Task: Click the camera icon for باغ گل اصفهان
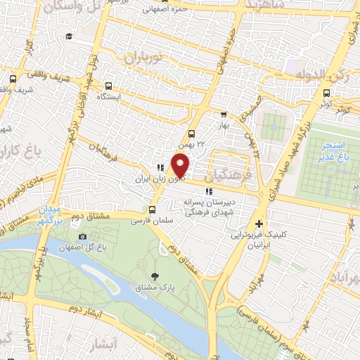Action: coord(82,237)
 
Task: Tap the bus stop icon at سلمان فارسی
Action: coord(153,210)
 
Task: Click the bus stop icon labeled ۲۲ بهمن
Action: coord(191,134)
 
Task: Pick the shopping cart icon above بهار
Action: coord(224,114)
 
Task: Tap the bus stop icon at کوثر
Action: coord(326,93)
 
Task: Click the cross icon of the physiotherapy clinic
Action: coord(259,224)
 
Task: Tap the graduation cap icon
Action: coord(69,37)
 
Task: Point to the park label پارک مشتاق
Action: coord(157,288)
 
